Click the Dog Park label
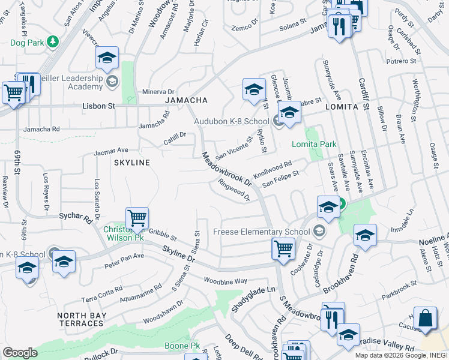coord(27,43)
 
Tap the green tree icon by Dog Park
coord(53,41)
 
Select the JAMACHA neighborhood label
coord(186,100)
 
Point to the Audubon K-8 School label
coord(231,121)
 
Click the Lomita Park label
coord(314,144)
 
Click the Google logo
coord(20,353)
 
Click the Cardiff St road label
coord(363,89)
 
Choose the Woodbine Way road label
coord(225,281)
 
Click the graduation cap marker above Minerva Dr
coord(107,59)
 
